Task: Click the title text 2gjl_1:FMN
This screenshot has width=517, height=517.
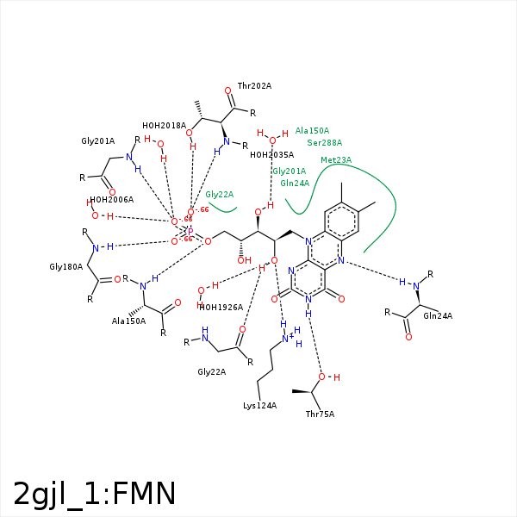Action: [95, 494]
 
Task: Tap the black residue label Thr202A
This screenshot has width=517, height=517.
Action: [254, 86]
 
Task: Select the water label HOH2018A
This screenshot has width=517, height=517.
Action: [164, 125]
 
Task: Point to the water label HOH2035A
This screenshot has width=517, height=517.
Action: [271, 155]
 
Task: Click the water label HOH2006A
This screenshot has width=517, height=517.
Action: [111, 199]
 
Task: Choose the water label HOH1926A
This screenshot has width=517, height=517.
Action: [221, 307]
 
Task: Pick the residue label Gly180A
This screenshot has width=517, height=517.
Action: [66, 267]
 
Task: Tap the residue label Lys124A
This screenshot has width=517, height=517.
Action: [259, 405]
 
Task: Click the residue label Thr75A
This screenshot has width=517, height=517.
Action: [320, 414]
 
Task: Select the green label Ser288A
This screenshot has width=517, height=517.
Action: [325, 143]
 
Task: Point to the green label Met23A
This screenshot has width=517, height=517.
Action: [336, 160]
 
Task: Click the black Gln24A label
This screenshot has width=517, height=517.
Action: [438, 316]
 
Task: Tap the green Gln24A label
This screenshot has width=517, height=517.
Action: [295, 184]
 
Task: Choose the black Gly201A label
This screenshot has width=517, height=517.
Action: [98, 140]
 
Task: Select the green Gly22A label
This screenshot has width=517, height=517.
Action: [220, 195]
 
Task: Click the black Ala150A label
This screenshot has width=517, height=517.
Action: [128, 321]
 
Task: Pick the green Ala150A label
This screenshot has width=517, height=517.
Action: [312, 131]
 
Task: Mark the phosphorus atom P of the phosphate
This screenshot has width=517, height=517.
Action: [190, 232]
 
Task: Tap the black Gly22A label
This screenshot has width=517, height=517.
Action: [211, 371]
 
